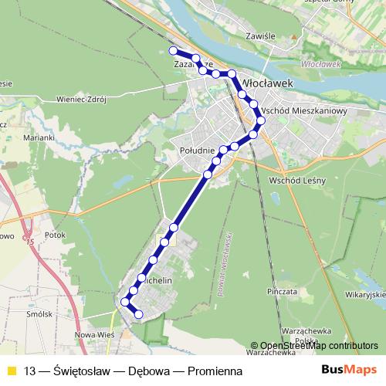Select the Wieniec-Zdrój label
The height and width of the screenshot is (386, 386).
click(x=80, y=99)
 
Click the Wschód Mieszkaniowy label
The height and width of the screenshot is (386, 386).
click(x=304, y=111)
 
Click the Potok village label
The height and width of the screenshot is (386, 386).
click(x=56, y=234)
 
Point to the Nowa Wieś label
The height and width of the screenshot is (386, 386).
click(x=94, y=336)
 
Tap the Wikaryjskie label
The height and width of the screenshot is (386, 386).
click(x=365, y=294)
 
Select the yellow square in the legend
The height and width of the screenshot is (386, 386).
click(x=11, y=371)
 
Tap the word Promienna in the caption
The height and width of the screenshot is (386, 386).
click(x=208, y=371)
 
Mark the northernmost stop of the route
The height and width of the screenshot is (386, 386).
click(x=173, y=51)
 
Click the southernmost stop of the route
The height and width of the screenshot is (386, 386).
click(x=139, y=313)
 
